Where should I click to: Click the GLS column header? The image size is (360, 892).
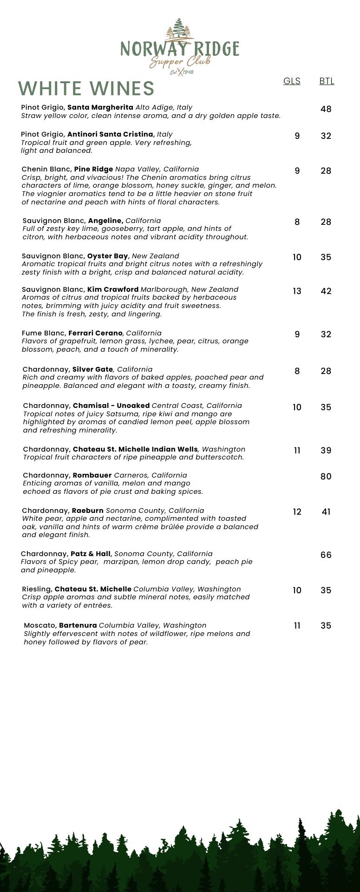[292, 81]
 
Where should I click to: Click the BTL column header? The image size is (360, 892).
[327, 81]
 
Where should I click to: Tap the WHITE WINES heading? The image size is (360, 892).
[86, 88]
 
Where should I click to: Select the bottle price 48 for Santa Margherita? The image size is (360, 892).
[326, 109]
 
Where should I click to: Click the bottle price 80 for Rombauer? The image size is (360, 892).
[326, 477]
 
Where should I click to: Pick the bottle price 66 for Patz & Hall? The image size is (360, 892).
[326, 555]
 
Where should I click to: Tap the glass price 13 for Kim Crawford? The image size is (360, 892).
[297, 291]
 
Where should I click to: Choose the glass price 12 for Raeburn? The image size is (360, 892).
[297, 512]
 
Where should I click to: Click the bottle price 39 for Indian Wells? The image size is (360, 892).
[326, 451]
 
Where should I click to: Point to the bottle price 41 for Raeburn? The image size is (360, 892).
[326, 512]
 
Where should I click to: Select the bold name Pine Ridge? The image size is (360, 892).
[93, 169]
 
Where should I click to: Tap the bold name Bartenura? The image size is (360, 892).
[78, 625]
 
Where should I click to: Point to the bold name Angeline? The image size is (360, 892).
[105, 221]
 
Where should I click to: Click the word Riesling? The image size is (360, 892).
[37, 589]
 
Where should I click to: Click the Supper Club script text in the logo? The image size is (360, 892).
[180, 62]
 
